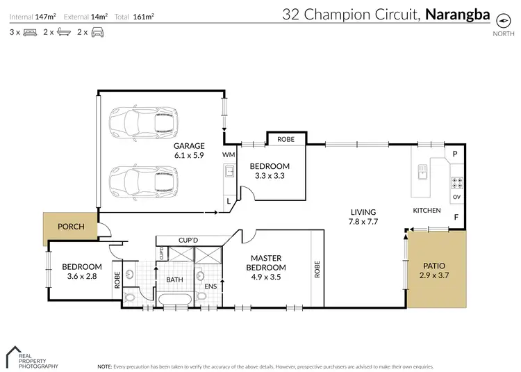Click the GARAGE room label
coord(189,146)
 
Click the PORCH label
coord(71,226)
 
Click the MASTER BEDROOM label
coord(267,262)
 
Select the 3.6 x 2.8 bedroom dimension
coord(82,277)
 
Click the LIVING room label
coord(363,212)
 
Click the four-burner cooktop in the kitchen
coord(458,184)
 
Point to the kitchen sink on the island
coord(421,170)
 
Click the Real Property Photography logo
coord(31,357)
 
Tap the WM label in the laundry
coord(228,154)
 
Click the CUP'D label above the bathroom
coord(188,239)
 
